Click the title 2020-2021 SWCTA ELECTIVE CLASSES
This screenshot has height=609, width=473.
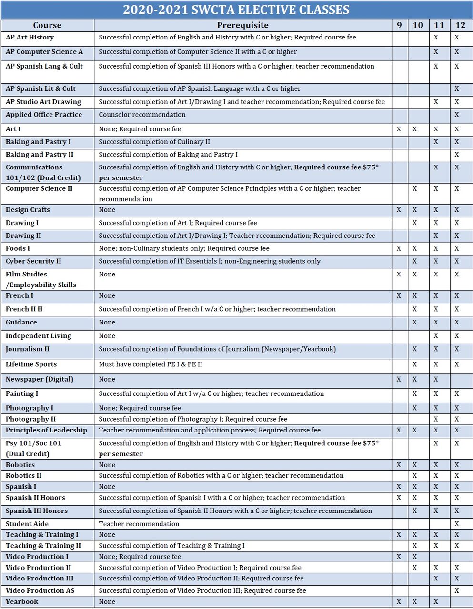tap(236, 10)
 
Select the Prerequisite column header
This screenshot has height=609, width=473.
tap(242, 25)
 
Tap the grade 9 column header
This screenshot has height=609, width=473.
tap(399, 25)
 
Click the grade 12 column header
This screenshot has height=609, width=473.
tap(460, 25)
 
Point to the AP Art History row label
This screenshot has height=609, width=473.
tap(30, 38)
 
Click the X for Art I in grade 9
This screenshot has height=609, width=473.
tap(399, 129)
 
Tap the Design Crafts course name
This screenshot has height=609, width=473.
tap(28, 210)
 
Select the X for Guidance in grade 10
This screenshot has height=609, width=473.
tap(415, 322)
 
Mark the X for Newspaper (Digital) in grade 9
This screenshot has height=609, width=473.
tap(399, 379)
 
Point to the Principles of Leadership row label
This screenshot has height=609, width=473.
tap(46, 430)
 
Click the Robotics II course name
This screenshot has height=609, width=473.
tap(23, 476)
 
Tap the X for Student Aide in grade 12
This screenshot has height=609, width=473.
tap(457, 524)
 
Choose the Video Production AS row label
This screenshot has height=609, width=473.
tap(40, 590)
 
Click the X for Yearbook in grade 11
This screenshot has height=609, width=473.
tap(436, 602)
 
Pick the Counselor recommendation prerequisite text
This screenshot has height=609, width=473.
tap(142, 115)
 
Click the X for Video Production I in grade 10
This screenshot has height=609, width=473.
tap(415, 557)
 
